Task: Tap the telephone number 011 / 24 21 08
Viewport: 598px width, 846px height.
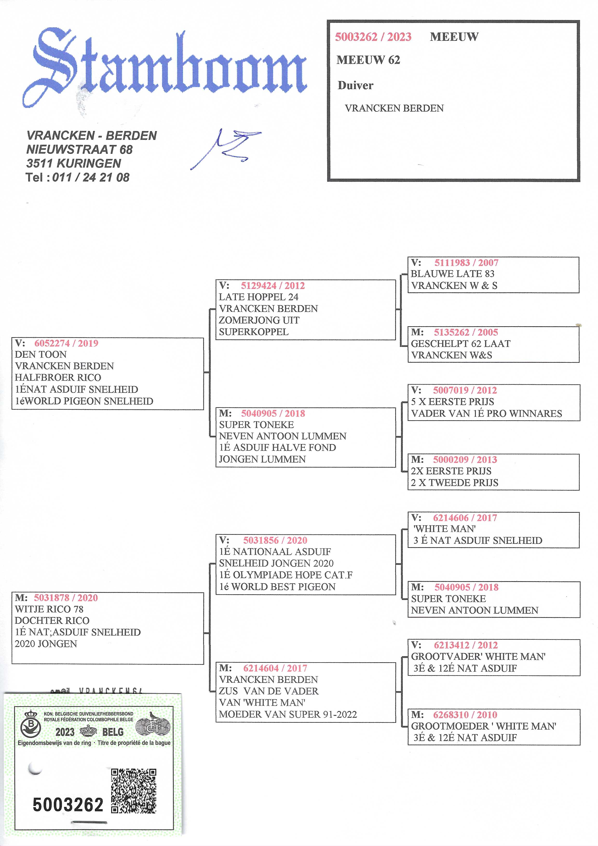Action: click(x=91, y=177)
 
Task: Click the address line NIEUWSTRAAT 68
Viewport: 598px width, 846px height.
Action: click(x=79, y=149)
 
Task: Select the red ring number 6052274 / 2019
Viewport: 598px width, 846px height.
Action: click(x=66, y=343)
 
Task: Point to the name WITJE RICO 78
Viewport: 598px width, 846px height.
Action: click(x=49, y=609)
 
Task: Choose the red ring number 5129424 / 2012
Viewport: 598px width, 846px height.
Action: click(x=273, y=286)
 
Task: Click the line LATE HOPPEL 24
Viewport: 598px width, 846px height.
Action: click(x=258, y=297)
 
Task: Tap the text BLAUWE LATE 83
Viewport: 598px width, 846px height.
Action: click(x=452, y=274)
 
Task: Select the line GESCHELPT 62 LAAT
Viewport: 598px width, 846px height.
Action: click(x=461, y=343)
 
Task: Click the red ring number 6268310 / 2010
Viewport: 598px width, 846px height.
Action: click(x=465, y=715)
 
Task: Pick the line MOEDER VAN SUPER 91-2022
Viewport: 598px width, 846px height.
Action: click(x=288, y=715)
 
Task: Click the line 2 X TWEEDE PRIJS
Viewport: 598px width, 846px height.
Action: click(x=454, y=483)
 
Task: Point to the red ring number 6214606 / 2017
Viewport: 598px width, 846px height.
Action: click(x=465, y=518)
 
